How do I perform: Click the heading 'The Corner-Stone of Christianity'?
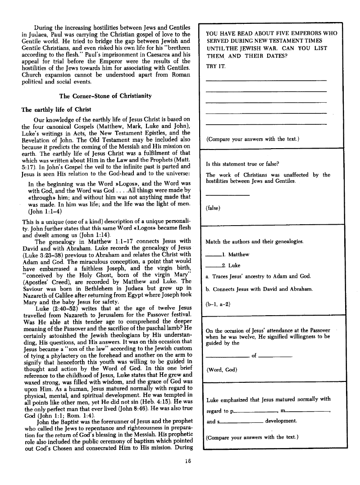[x=105, y=96]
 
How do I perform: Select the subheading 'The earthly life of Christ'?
[x=56, y=109]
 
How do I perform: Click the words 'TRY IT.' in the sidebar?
[x=216, y=66]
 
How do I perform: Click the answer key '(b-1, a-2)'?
[x=218, y=304]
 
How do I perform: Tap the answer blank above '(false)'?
[x=227, y=195]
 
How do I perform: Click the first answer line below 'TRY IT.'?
[x=266, y=80]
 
